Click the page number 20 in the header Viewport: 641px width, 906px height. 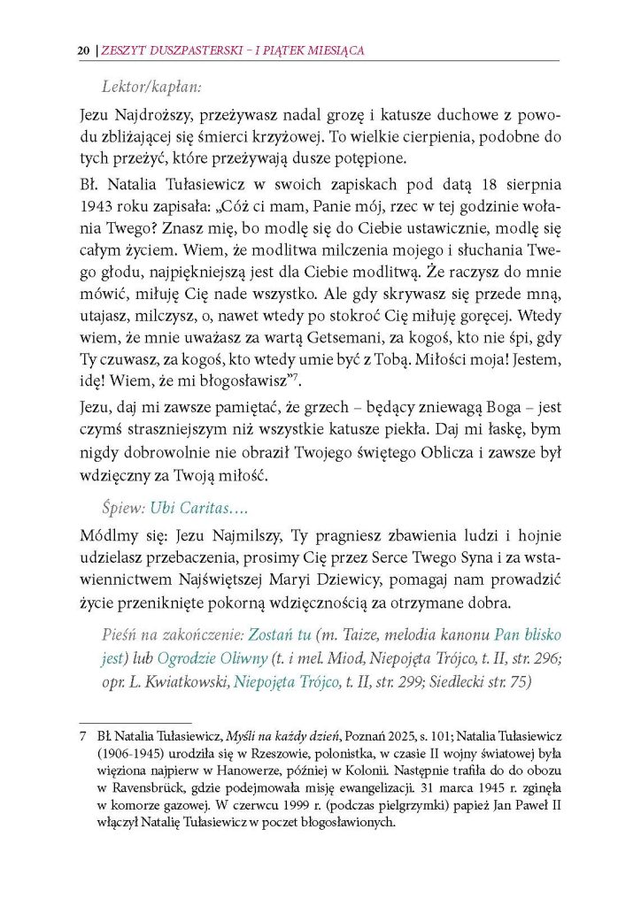point(82,50)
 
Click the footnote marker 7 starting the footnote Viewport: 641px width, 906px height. point(82,736)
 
